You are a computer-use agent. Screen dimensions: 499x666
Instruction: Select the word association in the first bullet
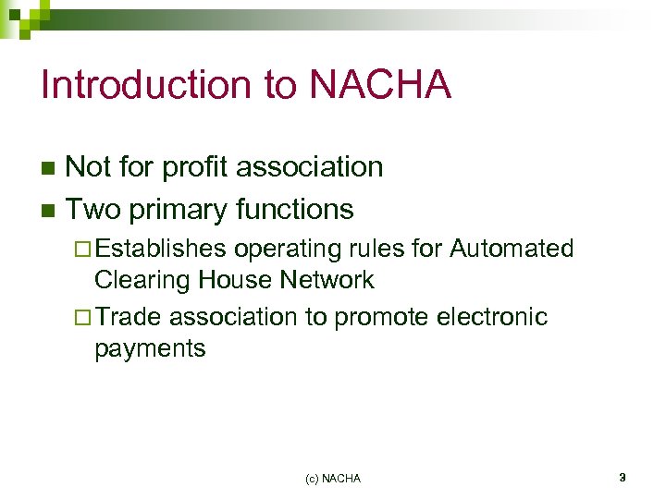click(309, 167)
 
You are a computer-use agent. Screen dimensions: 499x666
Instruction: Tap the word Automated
click(512, 249)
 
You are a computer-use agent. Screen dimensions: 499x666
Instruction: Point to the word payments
click(150, 349)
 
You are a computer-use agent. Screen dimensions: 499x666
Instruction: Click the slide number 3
click(623, 478)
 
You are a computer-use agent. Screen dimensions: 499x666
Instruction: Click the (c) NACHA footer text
click(333, 479)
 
